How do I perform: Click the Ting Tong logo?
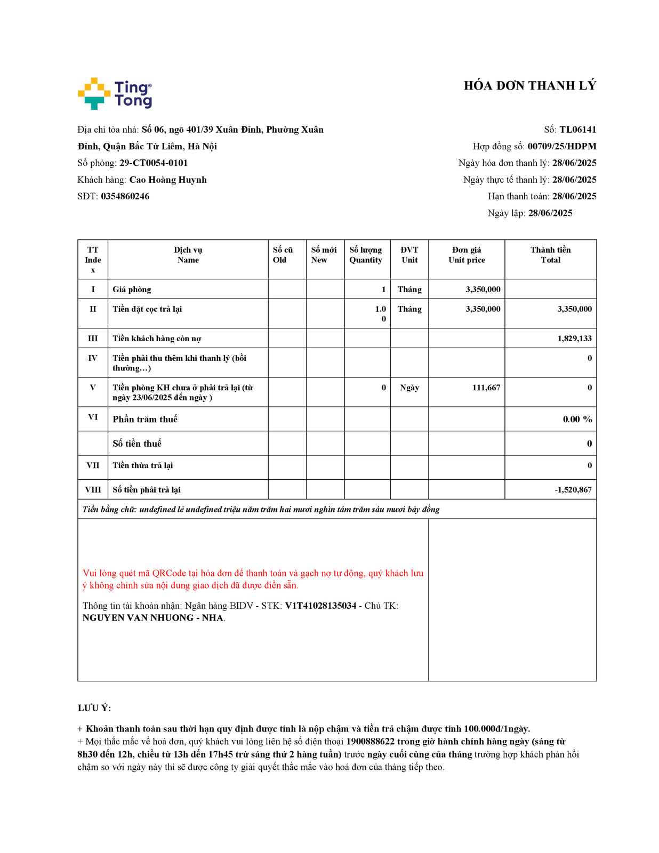[x=115, y=94]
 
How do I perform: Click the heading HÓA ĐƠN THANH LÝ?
[x=529, y=86]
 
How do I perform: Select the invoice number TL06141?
[x=577, y=130]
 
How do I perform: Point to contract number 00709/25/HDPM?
[x=561, y=147]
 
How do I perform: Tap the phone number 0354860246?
[x=125, y=196]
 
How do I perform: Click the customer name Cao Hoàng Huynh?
[x=168, y=180]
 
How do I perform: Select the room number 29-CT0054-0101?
[x=154, y=163]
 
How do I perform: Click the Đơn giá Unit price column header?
[x=467, y=255]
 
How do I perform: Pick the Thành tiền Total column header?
[x=550, y=255]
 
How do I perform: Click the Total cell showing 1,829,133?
[x=574, y=339]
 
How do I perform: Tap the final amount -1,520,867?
[x=573, y=489]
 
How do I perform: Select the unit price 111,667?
[x=486, y=388]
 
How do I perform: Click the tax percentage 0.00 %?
[x=577, y=420]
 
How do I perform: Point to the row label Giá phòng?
[x=132, y=289]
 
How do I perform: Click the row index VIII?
[x=93, y=489]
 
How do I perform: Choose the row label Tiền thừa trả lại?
[x=142, y=465]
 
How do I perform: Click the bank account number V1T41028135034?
[x=320, y=606]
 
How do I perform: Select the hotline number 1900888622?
[x=370, y=742]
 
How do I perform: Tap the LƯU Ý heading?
[x=94, y=708]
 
